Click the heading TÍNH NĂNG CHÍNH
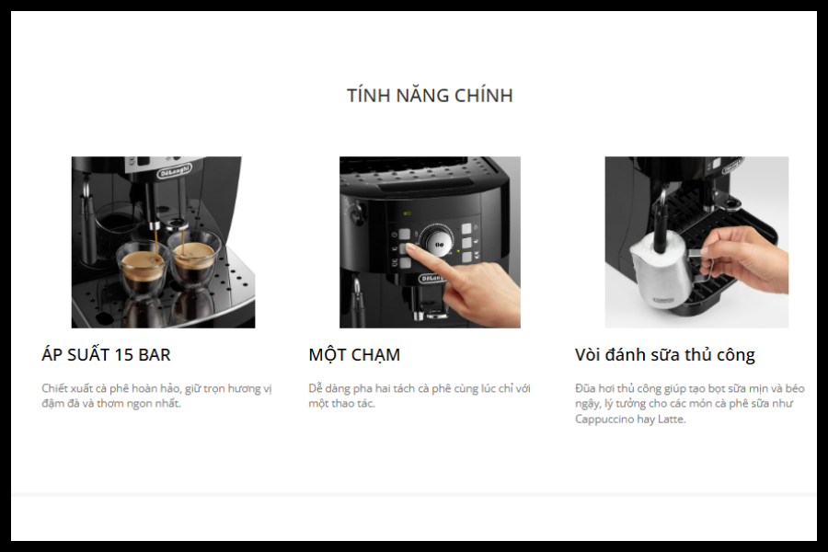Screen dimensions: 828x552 430,95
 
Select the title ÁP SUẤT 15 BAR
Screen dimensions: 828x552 106,354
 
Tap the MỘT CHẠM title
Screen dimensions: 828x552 354,354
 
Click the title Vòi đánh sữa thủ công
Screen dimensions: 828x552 665,354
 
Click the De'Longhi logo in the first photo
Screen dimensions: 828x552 174,171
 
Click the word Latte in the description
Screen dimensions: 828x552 672,419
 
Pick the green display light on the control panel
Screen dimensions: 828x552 408,213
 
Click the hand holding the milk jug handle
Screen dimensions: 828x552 743,259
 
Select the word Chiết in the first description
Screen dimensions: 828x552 54,388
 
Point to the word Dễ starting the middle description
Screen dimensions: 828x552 316,388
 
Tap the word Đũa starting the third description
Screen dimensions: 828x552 585,388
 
